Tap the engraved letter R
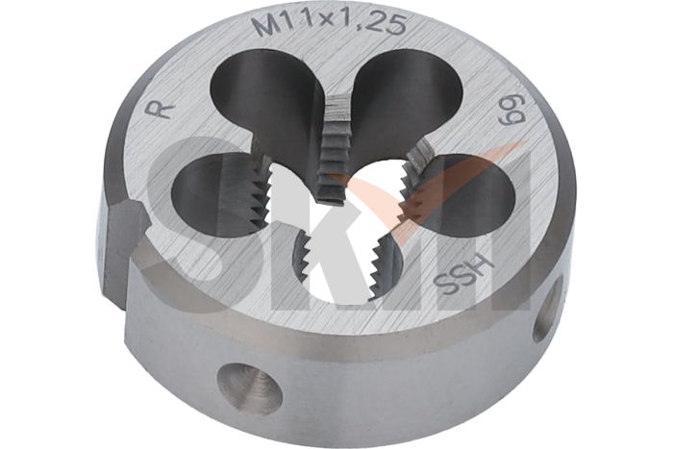pyautogui.click(x=164, y=110)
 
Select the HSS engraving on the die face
pyautogui.click(x=465, y=271)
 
